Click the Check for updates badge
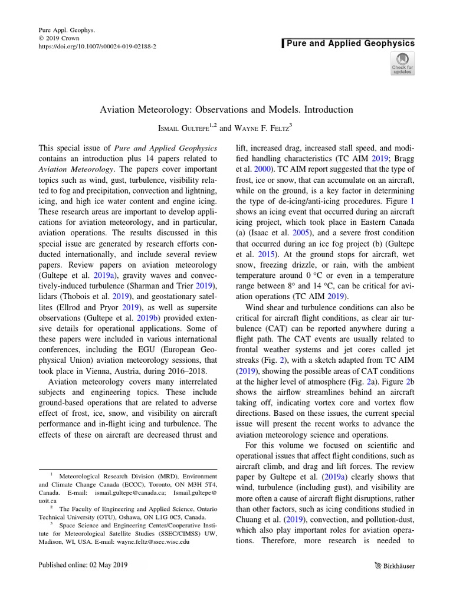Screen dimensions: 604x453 402,63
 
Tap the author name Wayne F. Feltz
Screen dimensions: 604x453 257,126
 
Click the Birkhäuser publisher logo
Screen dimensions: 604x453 395,566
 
